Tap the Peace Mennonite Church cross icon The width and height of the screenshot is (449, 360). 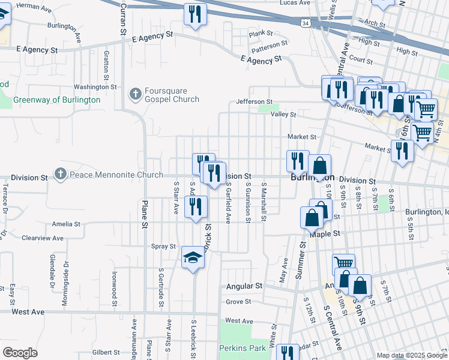(x=60, y=175)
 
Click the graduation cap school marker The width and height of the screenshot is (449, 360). (x=192, y=258)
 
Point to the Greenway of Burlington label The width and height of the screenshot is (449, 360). (x=56, y=100)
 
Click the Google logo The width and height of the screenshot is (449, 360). (x=20, y=352)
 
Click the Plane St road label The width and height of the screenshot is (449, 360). (x=145, y=215)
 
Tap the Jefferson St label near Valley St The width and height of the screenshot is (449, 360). (x=254, y=101)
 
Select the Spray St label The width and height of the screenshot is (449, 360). (x=163, y=246)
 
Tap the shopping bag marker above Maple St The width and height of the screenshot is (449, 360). (x=312, y=218)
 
